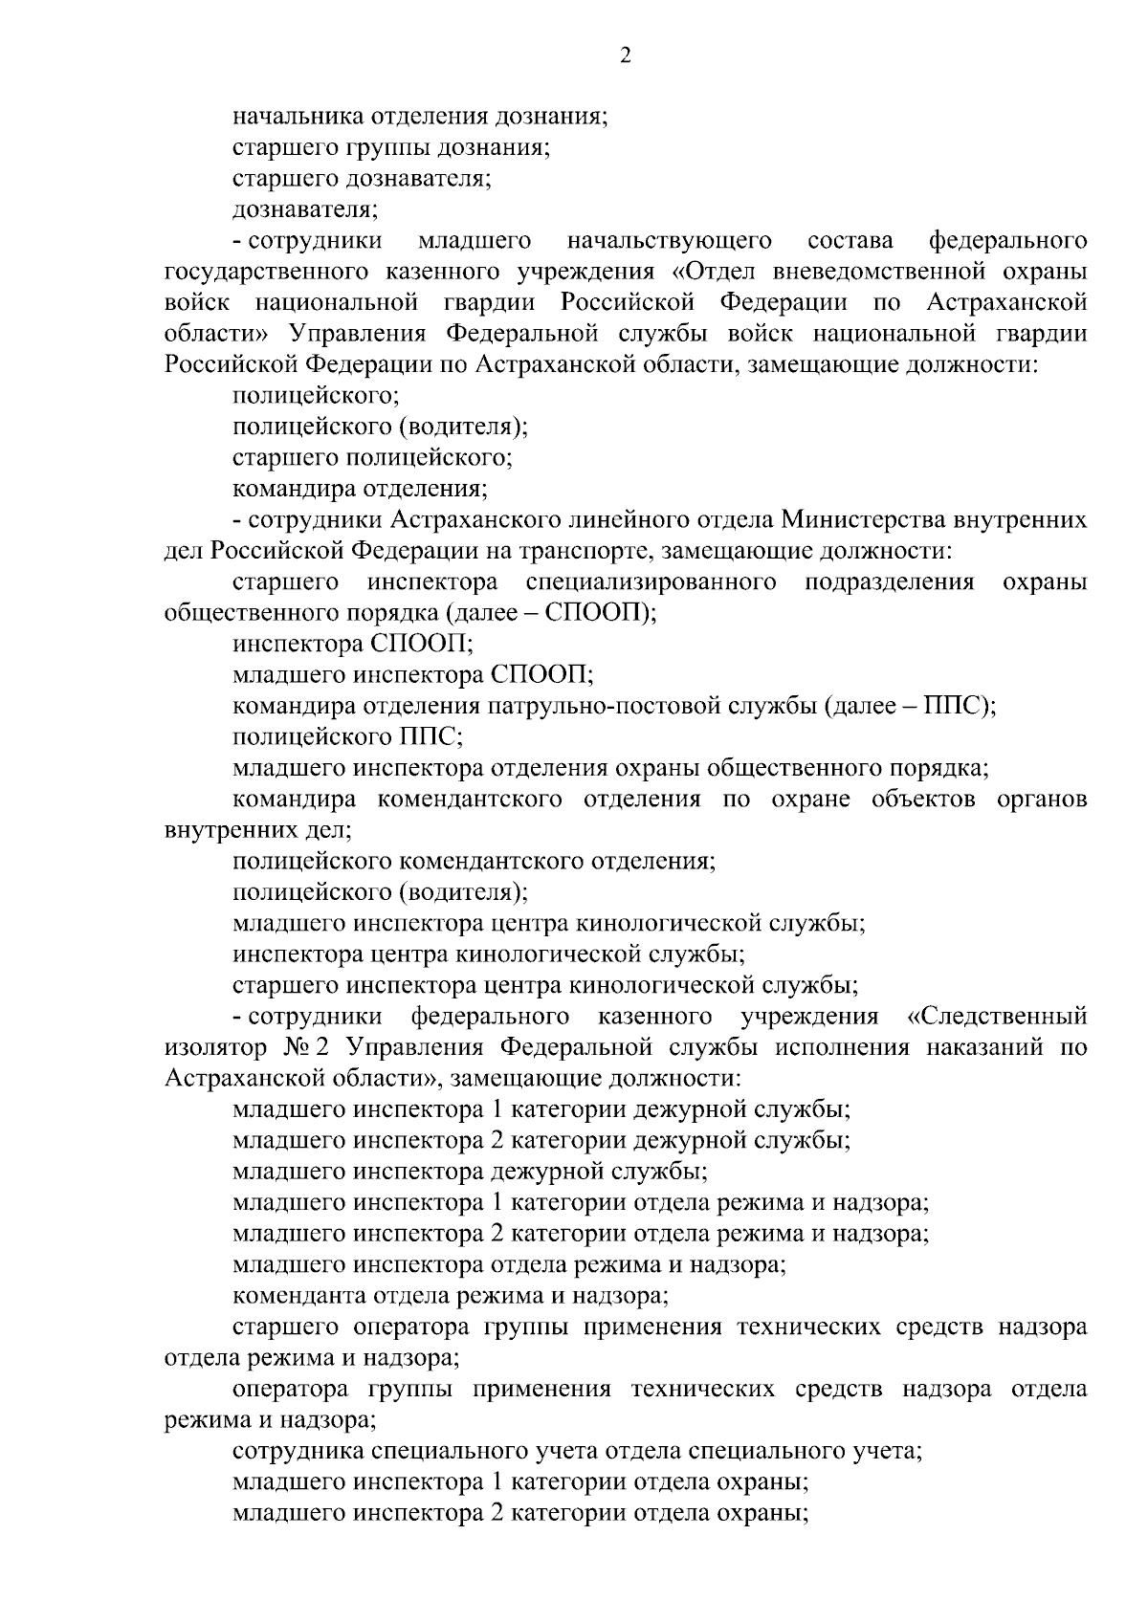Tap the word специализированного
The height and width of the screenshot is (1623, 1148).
pyautogui.click(x=651, y=582)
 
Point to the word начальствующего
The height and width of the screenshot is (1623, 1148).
pyautogui.click(x=669, y=241)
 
